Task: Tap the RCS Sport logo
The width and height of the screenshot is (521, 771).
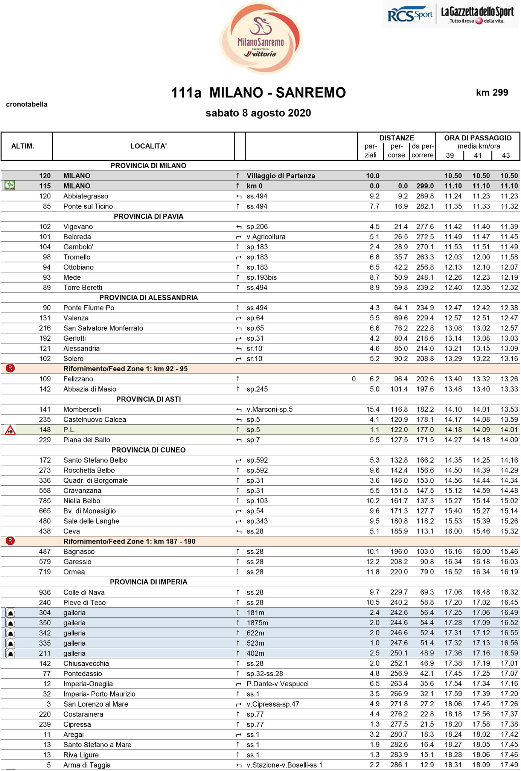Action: (x=410, y=15)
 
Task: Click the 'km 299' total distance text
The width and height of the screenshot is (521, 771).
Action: (x=492, y=93)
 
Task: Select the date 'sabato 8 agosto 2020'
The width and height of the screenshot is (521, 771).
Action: (x=258, y=113)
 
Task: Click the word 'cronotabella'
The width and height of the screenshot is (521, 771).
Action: (x=27, y=104)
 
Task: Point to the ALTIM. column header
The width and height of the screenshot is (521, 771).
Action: (x=23, y=146)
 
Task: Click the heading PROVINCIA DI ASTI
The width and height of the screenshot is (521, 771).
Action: (x=148, y=399)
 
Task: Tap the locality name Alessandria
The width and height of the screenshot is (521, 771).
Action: (x=81, y=348)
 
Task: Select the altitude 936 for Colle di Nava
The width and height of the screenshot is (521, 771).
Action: (x=45, y=592)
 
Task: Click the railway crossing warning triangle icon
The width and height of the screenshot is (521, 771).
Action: (x=10, y=430)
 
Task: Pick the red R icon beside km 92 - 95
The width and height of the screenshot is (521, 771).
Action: (x=10, y=368)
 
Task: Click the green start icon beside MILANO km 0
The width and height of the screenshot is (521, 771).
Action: (x=10, y=186)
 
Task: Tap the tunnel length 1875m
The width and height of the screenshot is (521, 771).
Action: (x=258, y=623)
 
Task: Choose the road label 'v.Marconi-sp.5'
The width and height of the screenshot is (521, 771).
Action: (x=270, y=409)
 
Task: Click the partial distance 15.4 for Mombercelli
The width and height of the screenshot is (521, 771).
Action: (x=373, y=409)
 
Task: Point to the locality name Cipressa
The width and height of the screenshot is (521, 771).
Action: (x=77, y=724)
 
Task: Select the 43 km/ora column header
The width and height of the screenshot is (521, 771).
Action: (x=506, y=155)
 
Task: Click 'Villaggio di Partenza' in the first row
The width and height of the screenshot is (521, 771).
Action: (x=281, y=176)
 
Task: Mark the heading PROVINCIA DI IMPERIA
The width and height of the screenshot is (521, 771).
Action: (x=148, y=582)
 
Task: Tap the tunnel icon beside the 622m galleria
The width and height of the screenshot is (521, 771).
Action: (x=11, y=633)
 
